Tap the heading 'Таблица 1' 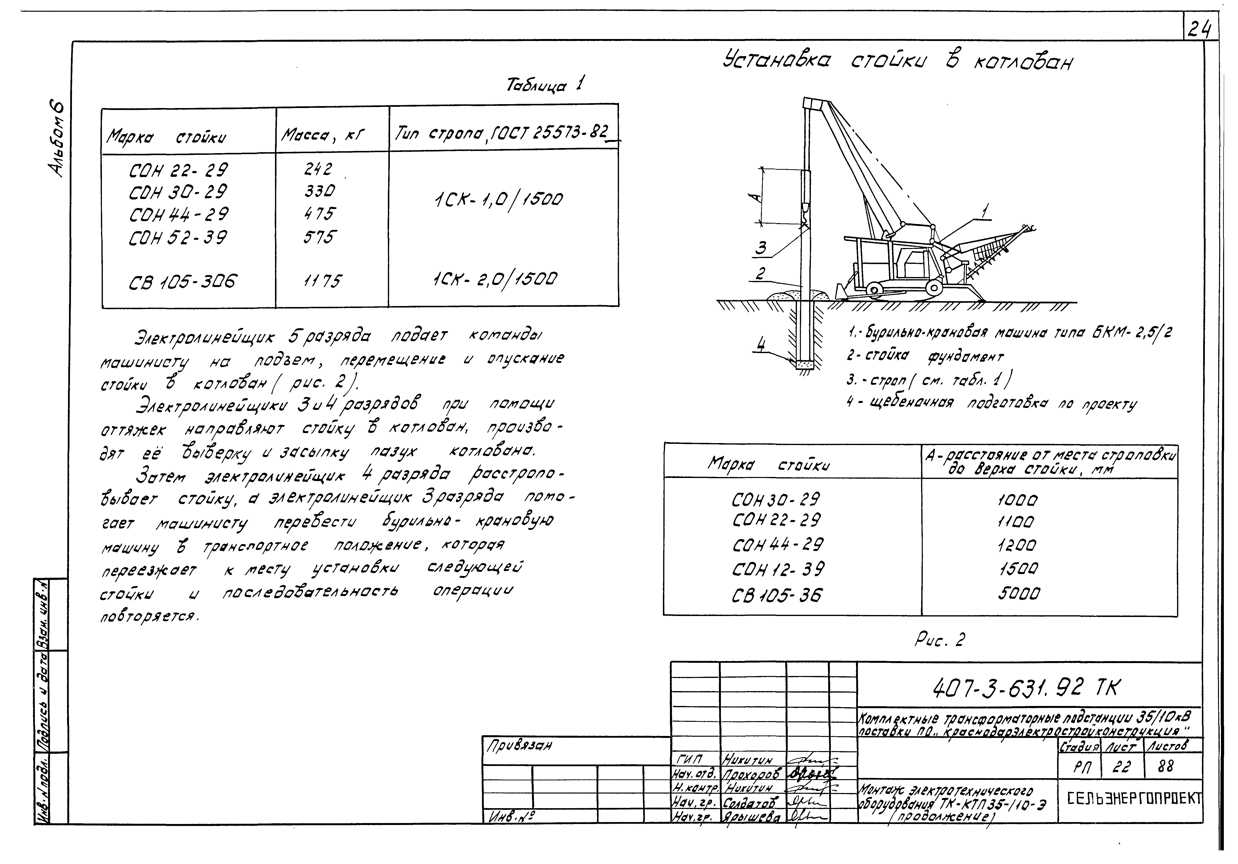[x=545, y=85]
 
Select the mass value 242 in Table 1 [x=318, y=169]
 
